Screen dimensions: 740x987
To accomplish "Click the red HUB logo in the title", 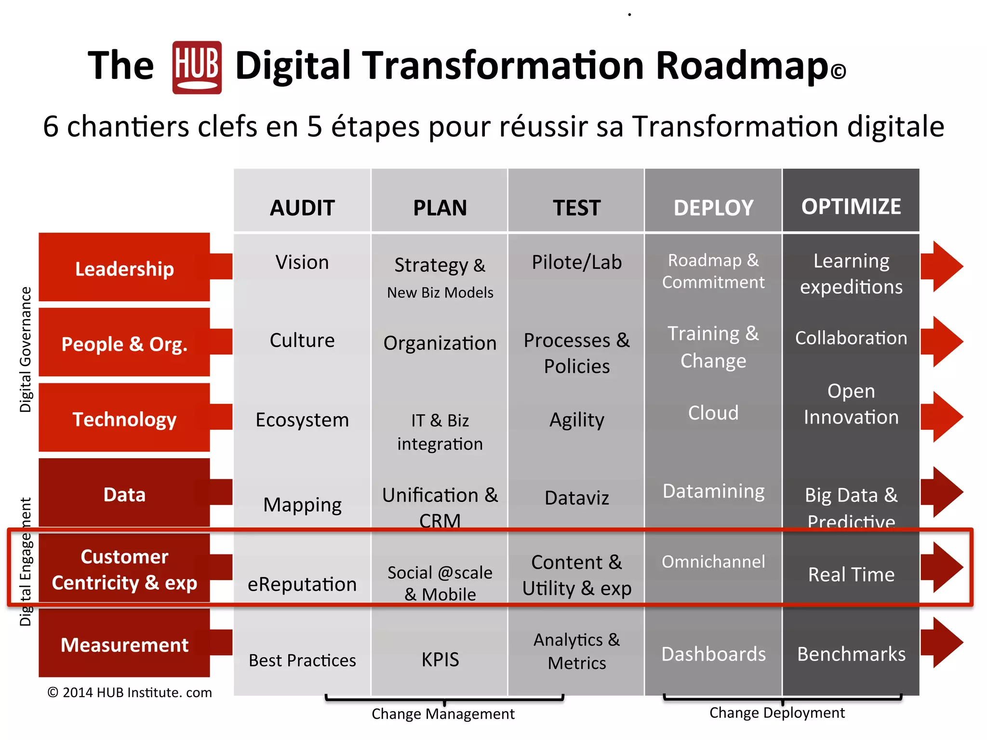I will (x=197, y=67).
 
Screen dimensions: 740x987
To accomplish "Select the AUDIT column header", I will (x=302, y=208).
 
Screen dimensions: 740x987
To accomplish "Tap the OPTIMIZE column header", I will (x=851, y=207).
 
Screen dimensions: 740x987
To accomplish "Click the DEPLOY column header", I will (x=713, y=208).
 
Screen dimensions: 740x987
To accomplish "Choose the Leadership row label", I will (x=124, y=268).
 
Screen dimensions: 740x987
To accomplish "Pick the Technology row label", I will (x=124, y=419).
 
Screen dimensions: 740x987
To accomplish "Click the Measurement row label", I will (x=124, y=645).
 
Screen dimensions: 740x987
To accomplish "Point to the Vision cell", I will (x=302, y=263).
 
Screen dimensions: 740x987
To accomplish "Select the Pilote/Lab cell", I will (x=576, y=263).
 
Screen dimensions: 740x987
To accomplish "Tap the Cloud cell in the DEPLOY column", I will (x=713, y=413).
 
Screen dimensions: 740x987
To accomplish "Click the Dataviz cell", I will (x=576, y=498).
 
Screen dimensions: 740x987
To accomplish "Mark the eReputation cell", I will (x=302, y=584).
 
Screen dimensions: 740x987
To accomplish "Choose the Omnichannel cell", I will (x=713, y=562).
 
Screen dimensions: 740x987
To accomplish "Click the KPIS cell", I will (x=440, y=659).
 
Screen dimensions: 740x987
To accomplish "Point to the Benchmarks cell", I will (x=851, y=654).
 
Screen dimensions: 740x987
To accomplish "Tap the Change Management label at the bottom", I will (x=443, y=714).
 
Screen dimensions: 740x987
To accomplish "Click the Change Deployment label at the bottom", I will (x=777, y=713).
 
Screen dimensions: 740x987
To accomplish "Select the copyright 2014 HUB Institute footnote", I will (x=130, y=692).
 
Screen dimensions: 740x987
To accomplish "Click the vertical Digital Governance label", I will (x=26, y=349).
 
